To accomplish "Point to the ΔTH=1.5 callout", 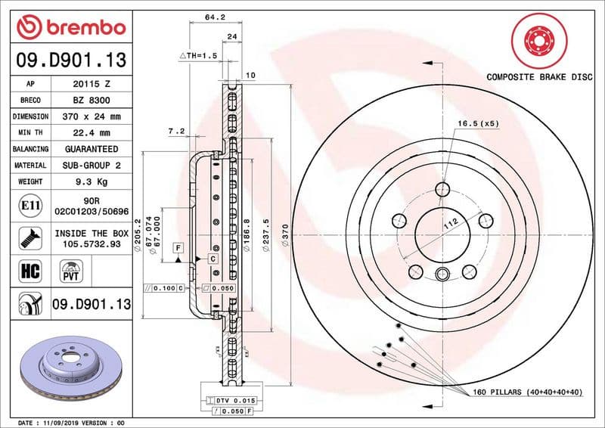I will (198, 57).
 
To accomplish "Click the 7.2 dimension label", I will (175, 132).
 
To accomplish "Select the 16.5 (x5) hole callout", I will (477, 123).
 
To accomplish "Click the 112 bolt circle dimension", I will (452, 224).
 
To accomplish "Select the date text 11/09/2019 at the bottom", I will (74, 422).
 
